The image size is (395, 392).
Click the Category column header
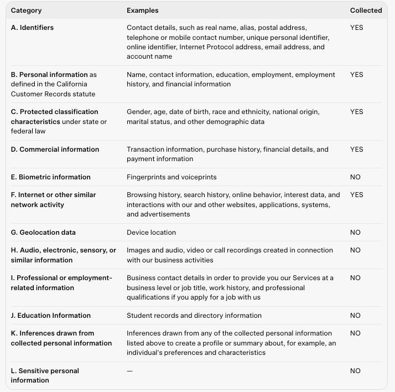point(26,11)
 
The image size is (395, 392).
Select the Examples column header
point(142,11)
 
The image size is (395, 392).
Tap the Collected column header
point(366,11)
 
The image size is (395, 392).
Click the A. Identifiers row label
point(32,28)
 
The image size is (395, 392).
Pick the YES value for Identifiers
point(356,28)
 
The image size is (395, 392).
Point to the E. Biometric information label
point(50,177)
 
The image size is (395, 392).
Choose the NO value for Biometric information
point(355,177)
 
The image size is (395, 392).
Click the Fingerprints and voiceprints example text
point(171,177)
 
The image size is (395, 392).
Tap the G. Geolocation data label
point(43,233)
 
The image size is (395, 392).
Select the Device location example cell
point(151,233)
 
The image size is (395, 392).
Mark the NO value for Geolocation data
point(355,233)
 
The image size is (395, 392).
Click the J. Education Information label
point(50,316)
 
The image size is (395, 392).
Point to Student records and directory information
point(194,316)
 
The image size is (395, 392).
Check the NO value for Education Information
point(355,316)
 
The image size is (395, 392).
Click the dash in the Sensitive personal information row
point(129,371)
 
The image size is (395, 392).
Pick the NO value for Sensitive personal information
point(355,371)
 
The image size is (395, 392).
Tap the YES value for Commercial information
point(356,149)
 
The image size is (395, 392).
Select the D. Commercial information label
point(55,149)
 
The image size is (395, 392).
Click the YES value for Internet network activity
point(356,195)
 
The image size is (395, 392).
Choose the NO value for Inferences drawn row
point(355,333)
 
